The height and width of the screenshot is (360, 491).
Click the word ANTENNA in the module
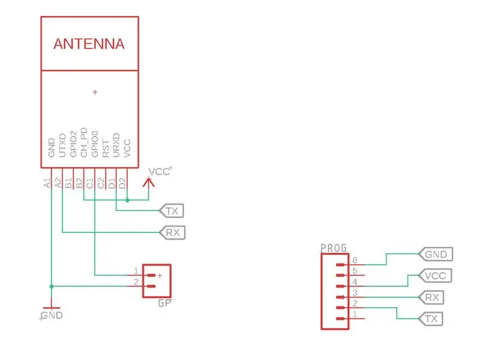(x=89, y=44)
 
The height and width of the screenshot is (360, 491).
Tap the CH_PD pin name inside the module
(x=83, y=142)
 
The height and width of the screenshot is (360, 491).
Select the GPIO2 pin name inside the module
(x=73, y=144)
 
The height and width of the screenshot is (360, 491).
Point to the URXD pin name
(x=116, y=145)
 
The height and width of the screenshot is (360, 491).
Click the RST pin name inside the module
(x=106, y=149)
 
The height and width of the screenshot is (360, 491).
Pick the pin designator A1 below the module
(x=47, y=183)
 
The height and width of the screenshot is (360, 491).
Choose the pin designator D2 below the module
(x=122, y=183)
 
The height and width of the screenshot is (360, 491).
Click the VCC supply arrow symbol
(x=149, y=182)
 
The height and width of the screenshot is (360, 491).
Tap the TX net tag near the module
(x=172, y=211)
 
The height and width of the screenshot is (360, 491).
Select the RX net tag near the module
(x=172, y=232)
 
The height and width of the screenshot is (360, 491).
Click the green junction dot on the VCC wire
(x=127, y=200)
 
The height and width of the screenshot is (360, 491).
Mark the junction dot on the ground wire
(x=52, y=286)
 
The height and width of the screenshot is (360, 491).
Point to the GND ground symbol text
(x=52, y=315)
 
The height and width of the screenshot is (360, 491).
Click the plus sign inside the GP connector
(x=160, y=276)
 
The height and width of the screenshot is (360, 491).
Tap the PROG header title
(x=334, y=248)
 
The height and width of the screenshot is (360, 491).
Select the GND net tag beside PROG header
(x=436, y=254)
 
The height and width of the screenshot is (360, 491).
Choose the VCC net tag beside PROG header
(x=435, y=276)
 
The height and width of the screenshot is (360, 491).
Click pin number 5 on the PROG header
(x=355, y=271)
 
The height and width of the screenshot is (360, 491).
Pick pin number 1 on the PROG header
(x=355, y=314)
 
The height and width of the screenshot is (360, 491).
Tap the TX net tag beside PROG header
(x=431, y=319)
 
